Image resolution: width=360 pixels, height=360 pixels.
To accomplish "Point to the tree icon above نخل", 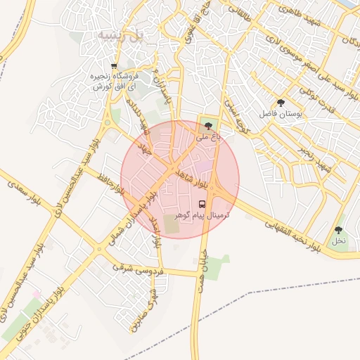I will pos(339,230).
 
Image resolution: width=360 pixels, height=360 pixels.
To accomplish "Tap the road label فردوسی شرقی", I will pos(138,268).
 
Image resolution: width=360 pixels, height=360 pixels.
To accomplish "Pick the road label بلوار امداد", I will pos(155,233).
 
